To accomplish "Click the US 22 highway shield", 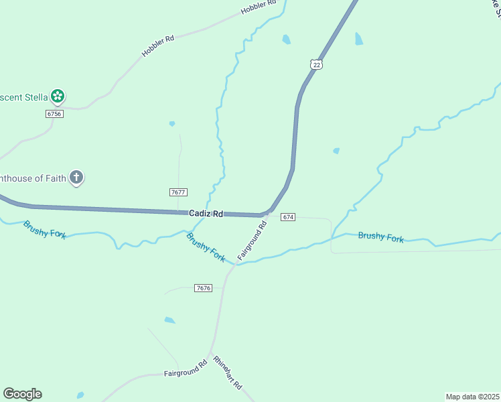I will pos(316,64).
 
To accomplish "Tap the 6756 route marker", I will pos(54,114).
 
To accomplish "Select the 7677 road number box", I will pos(178,192).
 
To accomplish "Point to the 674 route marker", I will pos(288,217).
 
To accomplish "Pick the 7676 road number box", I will pos(204,288).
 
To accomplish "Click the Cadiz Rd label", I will pos(206,213).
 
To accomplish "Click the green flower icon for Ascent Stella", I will pos(58,96).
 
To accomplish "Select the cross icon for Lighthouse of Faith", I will pos(77,178).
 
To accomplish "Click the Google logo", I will pos(22,394).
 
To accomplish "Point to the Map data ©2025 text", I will pos(472,397).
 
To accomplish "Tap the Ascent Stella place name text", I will pos(24,97).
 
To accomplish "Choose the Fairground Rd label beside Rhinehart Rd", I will pos(186,371).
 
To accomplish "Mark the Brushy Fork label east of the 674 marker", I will pos(380,237).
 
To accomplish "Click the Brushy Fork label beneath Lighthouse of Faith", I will pos(44,229).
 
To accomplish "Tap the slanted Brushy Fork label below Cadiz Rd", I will pos(206,247).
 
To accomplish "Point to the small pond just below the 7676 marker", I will pos(169,320).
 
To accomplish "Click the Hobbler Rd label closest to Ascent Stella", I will pos(158,46).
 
